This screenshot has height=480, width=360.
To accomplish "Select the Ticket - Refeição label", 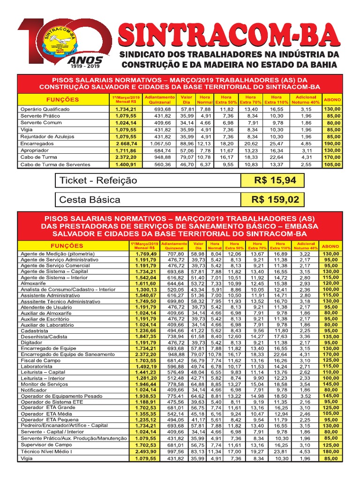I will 98,180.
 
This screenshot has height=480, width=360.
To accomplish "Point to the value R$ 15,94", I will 272,180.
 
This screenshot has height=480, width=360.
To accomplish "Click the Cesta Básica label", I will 90,200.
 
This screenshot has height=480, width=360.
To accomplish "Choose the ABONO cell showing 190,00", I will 332,143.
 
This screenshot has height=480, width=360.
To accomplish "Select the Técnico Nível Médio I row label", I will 46,451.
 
